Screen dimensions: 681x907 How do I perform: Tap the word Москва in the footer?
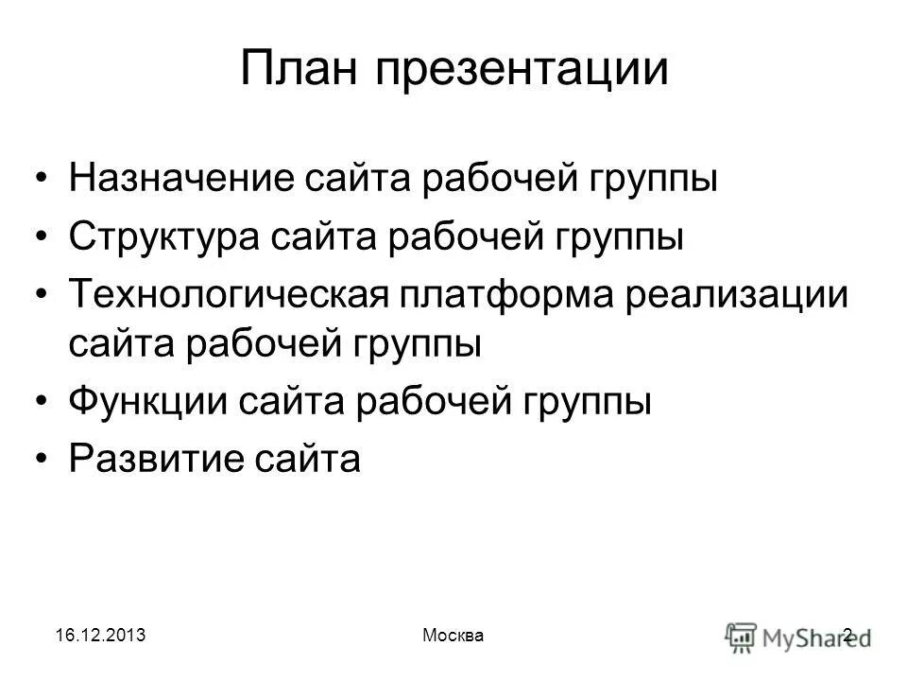click(451, 637)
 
